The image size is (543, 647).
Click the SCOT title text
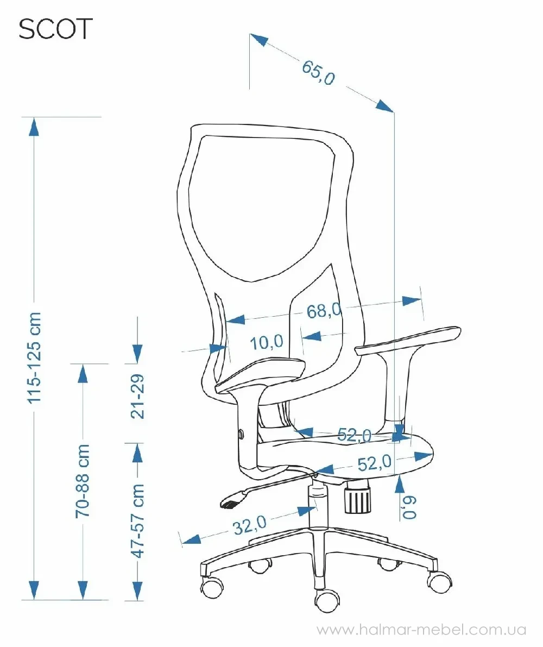[56, 29]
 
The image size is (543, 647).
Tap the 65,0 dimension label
[318, 73]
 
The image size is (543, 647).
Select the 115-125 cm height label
[34, 357]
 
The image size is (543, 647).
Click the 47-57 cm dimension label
[138, 521]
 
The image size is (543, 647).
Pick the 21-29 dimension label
[137, 397]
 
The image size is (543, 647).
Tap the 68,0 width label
[324, 310]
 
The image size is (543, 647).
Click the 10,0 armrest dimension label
[267, 342]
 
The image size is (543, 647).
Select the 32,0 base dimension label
[250, 525]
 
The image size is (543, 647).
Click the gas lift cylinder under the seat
[317, 502]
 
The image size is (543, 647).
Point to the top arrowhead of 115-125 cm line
[34, 127]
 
